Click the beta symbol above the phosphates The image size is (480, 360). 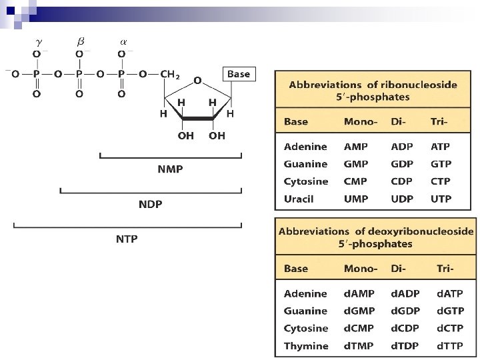pyautogui.click(x=80, y=41)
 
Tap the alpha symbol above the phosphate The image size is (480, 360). pyautogui.click(x=122, y=41)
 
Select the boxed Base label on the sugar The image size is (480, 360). pyautogui.click(x=238, y=74)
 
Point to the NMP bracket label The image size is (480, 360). pyautogui.click(x=170, y=169)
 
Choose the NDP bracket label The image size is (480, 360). pyautogui.click(x=150, y=203)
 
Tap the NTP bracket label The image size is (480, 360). pyautogui.click(x=127, y=238)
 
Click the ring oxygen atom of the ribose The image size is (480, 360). pyautogui.click(x=197, y=80)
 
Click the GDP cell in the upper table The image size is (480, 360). pyautogui.click(x=402, y=164)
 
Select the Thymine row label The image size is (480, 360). pyautogui.click(x=306, y=346)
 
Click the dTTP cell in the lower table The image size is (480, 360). pyautogui.click(x=450, y=346)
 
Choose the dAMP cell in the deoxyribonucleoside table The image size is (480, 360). pyautogui.click(x=359, y=293)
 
